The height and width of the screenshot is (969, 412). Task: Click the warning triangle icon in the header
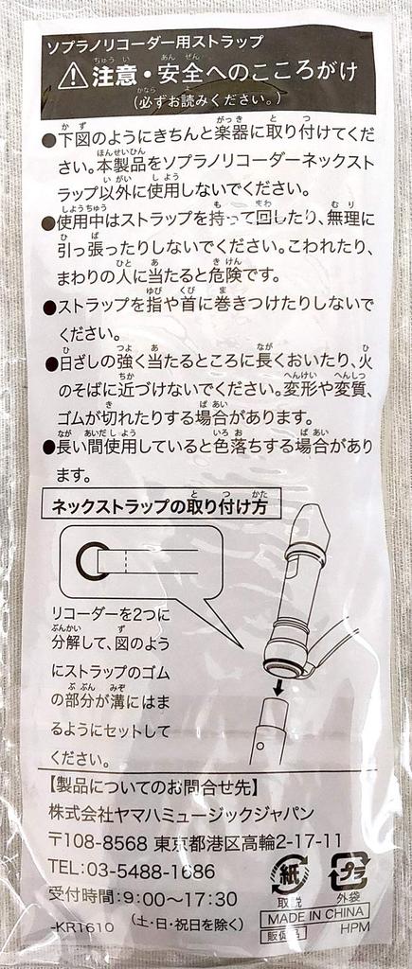[x=72, y=76]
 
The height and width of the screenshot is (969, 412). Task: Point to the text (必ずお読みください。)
[x=205, y=99]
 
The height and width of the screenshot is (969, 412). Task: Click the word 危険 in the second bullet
[x=229, y=275]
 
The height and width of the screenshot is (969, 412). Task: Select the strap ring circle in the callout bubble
[x=94, y=561]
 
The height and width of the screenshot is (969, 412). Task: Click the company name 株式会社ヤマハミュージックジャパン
[x=184, y=814]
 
